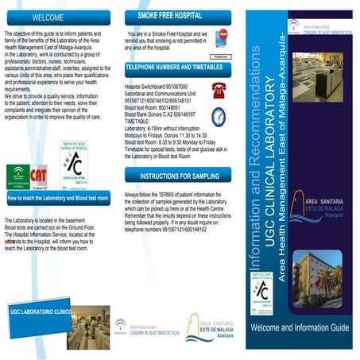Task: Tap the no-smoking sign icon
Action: point(223,37)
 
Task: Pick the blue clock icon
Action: point(219,117)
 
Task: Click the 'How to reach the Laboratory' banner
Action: point(57,197)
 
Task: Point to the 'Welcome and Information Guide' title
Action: point(300,327)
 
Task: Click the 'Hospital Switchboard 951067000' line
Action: point(156,83)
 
